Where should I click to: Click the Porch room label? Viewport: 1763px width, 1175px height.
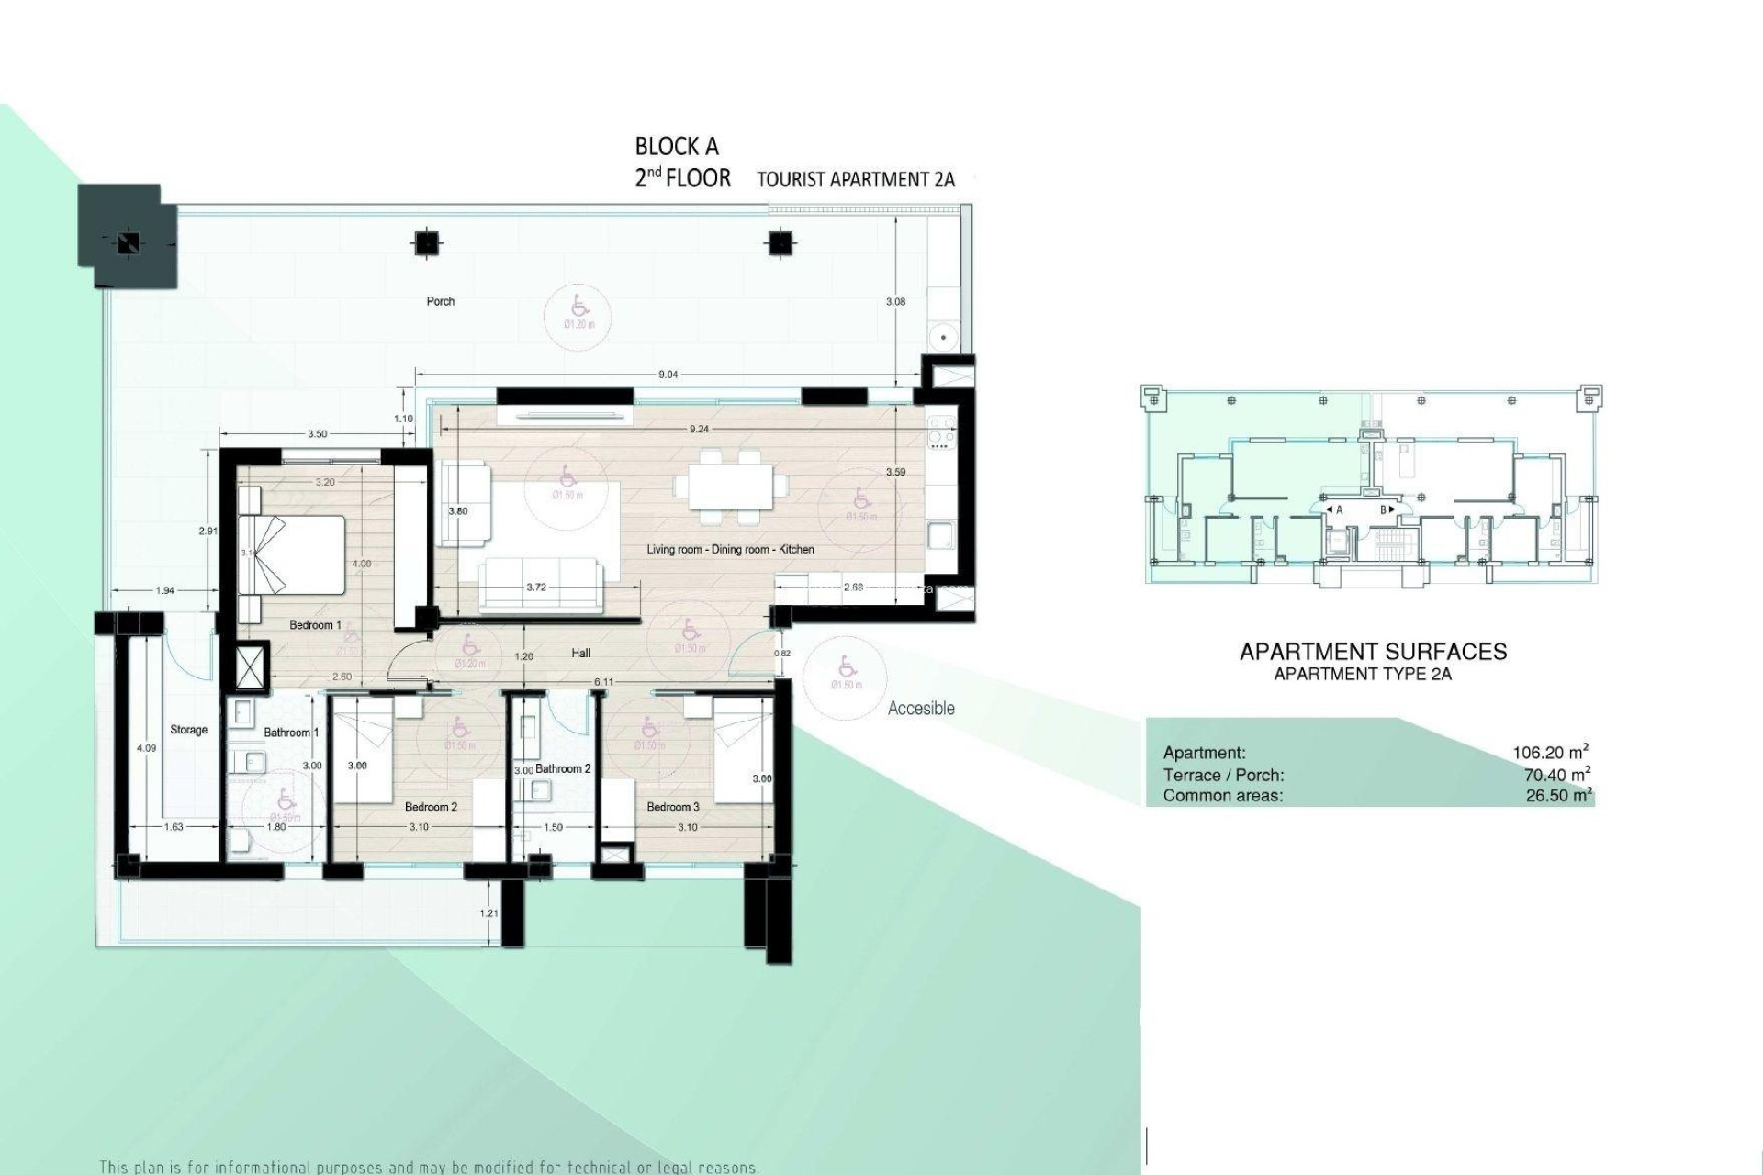click(x=441, y=301)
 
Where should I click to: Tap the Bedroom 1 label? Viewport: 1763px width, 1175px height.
click(x=315, y=625)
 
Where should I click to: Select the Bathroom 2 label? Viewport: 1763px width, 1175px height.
click(x=563, y=768)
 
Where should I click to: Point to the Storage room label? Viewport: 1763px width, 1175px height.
click(x=189, y=730)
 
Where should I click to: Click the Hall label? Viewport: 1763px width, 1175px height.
click(x=580, y=654)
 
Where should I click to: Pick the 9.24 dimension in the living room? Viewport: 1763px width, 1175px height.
click(x=698, y=429)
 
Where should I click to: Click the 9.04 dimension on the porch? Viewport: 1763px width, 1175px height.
click(x=668, y=375)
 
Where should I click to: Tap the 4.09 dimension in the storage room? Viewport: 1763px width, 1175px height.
click(x=147, y=748)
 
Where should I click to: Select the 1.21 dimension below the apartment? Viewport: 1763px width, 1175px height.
click(x=489, y=913)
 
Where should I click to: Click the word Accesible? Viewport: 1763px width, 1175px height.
click(x=921, y=709)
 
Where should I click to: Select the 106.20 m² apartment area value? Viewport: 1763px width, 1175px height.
click(x=1551, y=753)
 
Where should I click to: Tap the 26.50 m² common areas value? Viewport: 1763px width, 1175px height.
click(x=1557, y=796)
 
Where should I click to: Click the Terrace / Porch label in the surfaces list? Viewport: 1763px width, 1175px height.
click(x=1223, y=775)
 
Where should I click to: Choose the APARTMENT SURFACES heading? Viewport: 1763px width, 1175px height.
click(x=1373, y=652)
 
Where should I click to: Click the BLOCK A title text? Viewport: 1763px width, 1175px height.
click(x=677, y=147)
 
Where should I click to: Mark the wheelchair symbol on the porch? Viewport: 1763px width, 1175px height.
click(x=579, y=304)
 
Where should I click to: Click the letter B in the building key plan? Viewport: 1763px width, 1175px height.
click(x=1383, y=509)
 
